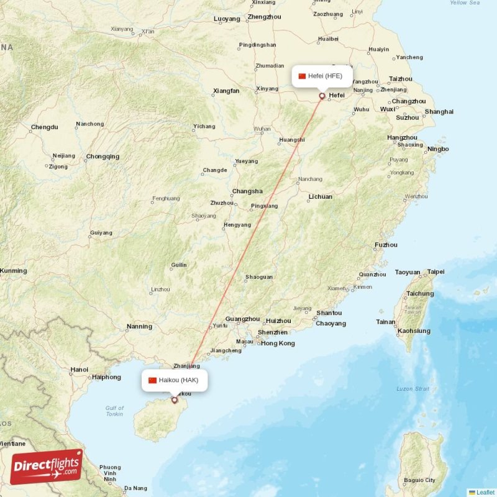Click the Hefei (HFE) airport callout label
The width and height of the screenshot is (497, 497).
tap(322, 76)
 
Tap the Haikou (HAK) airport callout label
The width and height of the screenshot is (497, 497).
tap(175, 380)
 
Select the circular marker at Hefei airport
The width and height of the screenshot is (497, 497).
tap(322, 96)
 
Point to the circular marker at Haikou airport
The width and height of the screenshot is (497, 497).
tap(175, 400)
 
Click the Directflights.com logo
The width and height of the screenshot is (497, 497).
tap(46, 467)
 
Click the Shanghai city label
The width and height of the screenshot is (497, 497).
tap(439, 112)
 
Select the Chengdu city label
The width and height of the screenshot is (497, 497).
tap(44, 127)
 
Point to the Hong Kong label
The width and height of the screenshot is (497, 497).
tap(278, 344)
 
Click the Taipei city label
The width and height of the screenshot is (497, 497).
tap(435, 271)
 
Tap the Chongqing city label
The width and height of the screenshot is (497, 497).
tap(103, 157)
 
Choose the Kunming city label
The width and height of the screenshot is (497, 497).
tap(14, 271)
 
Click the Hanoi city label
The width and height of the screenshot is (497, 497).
tap(79, 370)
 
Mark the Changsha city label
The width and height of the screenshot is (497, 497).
tap(247, 191)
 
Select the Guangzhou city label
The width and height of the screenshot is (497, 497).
tap(242, 319)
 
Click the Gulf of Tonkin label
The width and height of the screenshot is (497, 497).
tap(114, 411)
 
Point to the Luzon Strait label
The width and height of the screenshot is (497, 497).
tap(413, 389)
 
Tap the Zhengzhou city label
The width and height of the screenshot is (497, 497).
tap(265, 17)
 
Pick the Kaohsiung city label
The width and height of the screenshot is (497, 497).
tap(414, 331)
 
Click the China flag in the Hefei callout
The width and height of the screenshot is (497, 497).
tap(303, 76)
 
